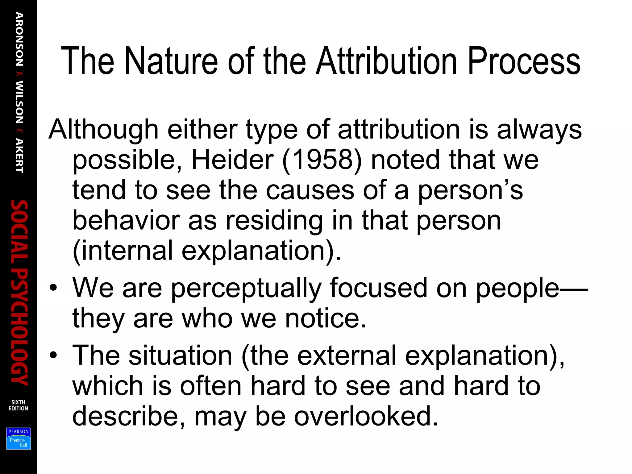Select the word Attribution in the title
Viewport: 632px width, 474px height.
(x=386, y=61)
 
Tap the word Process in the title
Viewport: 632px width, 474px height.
(x=524, y=62)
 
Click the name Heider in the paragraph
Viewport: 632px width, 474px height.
(x=232, y=160)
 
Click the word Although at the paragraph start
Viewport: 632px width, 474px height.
(x=103, y=130)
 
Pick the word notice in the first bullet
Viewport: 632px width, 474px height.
(x=326, y=318)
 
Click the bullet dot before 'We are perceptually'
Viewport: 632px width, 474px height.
(x=53, y=288)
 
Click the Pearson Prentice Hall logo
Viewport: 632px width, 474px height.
(x=19, y=439)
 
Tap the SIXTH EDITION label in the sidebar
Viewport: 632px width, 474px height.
(x=18, y=405)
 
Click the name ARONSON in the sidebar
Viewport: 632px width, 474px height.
(x=19, y=39)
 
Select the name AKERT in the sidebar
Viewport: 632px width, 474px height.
(x=19, y=156)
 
